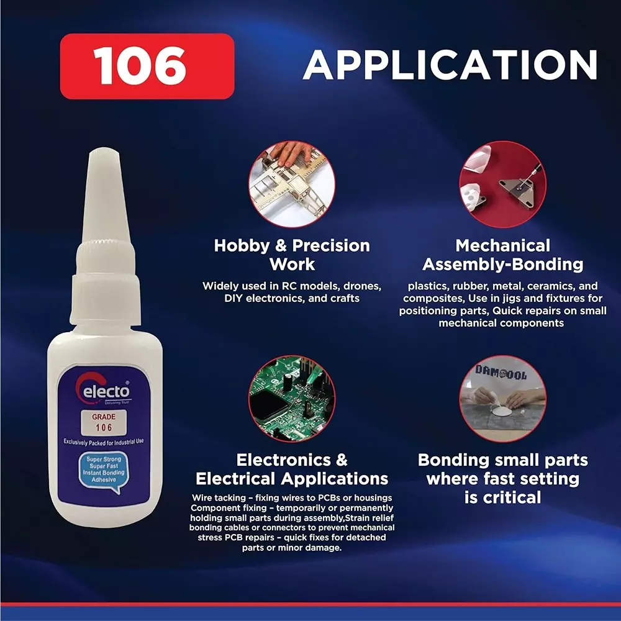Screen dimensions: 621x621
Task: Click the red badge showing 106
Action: pyautogui.click(x=147, y=66)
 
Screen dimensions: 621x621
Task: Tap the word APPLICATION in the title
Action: pyautogui.click(x=450, y=65)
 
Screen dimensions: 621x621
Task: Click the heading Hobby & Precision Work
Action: pyautogui.click(x=292, y=255)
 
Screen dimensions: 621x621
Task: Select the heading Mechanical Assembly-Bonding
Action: pyautogui.click(x=503, y=255)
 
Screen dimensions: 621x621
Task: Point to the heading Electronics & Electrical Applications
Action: pyautogui.click(x=292, y=469)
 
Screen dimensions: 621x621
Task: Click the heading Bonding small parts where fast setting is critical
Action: pyautogui.click(x=503, y=478)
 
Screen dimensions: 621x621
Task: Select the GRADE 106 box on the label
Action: pyautogui.click(x=104, y=422)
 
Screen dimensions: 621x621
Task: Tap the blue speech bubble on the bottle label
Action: pyautogui.click(x=104, y=470)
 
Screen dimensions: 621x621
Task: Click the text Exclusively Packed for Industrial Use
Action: pyautogui.click(x=104, y=442)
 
